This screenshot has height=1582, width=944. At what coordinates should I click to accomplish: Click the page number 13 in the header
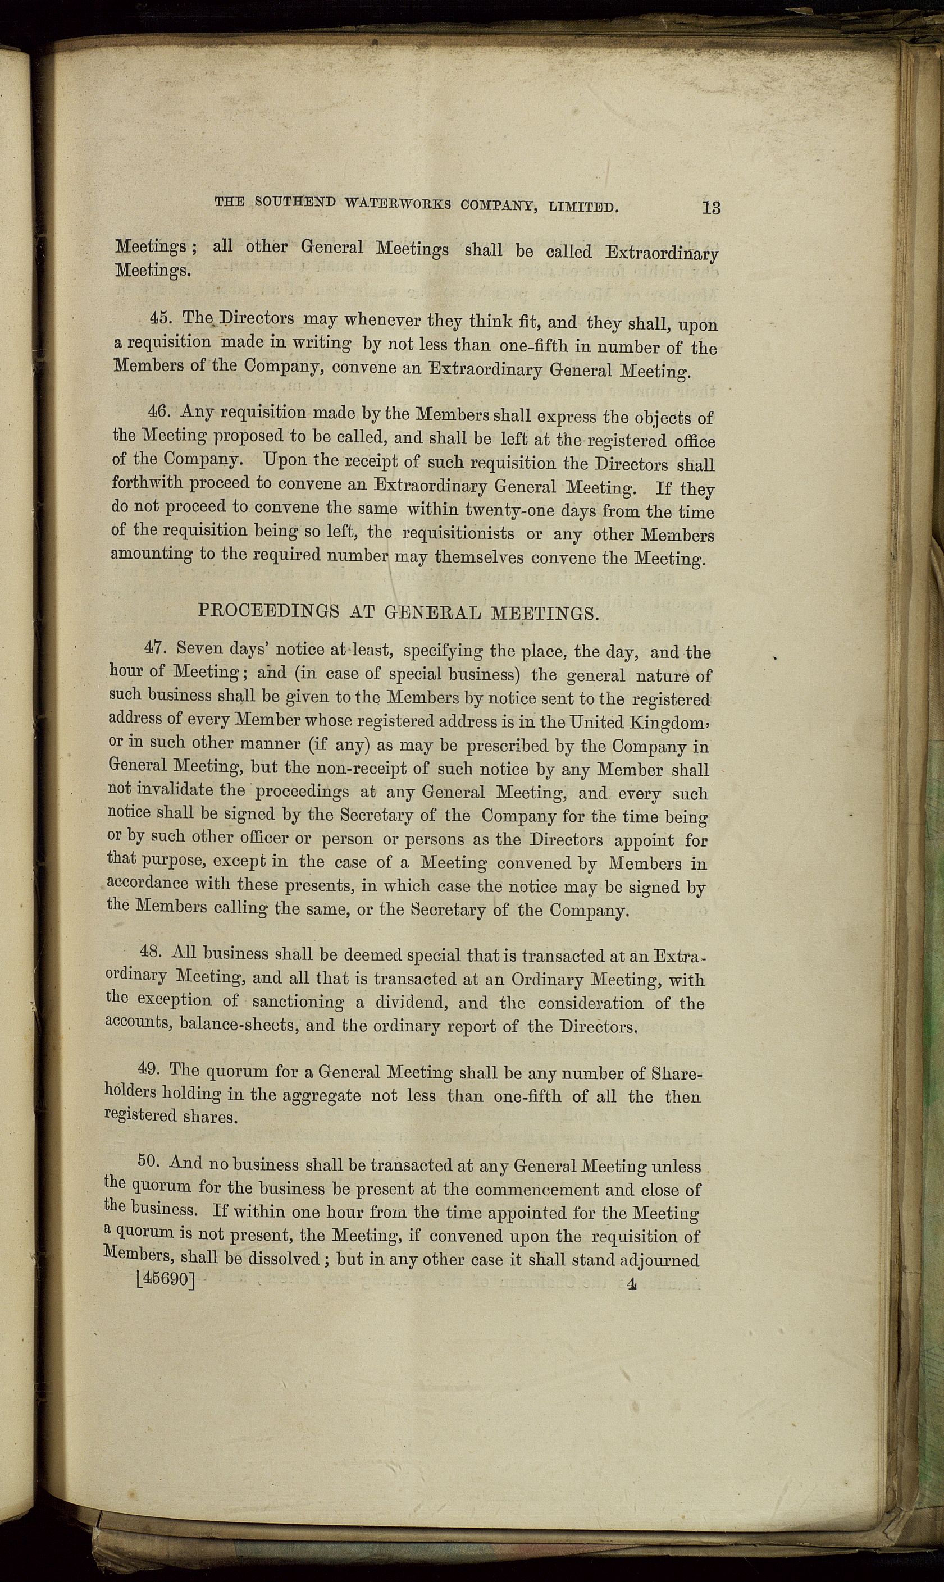pyautogui.click(x=711, y=207)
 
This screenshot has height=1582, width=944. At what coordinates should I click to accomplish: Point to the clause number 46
pyautogui.click(x=158, y=410)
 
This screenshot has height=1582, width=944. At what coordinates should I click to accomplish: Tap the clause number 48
pyautogui.click(x=152, y=952)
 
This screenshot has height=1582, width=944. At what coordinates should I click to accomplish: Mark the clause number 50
pyautogui.click(x=149, y=1161)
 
